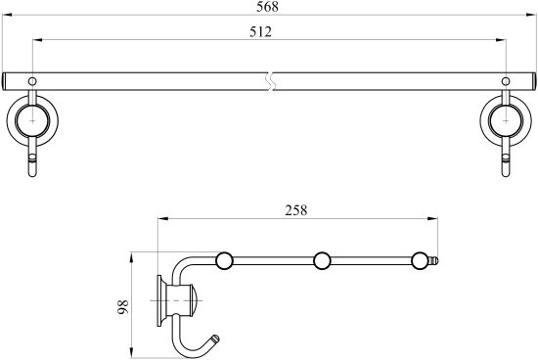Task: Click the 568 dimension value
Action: [x=267, y=7]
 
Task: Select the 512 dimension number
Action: [x=260, y=31]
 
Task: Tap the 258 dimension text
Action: [x=296, y=210]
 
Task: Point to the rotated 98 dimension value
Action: [x=122, y=307]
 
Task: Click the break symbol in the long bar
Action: [x=271, y=81]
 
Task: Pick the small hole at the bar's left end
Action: [x=32, y=81]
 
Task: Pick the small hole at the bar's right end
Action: [x=506, y=81]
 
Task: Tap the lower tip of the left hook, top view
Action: [x=32, y=176]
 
